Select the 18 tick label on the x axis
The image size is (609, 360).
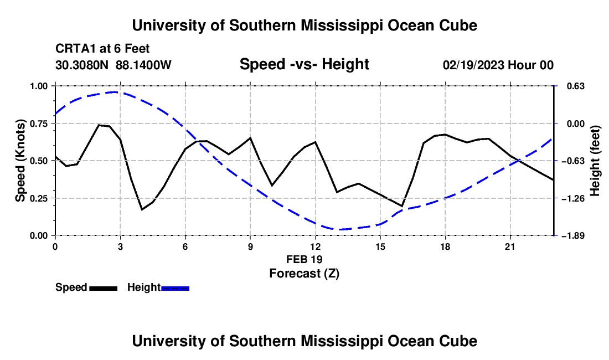click(x=445, y=247)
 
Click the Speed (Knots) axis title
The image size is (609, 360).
click(x=20, y=161)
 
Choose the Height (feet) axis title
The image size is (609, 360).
click(x=595, y=161)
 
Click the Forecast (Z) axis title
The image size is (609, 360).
click(x=304, y=274)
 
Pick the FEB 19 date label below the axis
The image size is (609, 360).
click(x=304, y=259)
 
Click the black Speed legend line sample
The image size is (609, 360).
click(x=104, y=289)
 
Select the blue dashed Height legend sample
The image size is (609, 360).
click(x=175, y=289)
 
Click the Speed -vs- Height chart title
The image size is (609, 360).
click(x=304, y=64)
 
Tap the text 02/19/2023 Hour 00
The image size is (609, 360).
click(x=498, y=65)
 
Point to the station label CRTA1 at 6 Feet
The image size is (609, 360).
click(x=102, y=49)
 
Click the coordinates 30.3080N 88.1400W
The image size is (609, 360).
click(x=113, y=65)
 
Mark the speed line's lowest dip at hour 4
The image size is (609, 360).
click(x=142, y=210)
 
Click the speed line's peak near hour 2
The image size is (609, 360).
click(x=99, y=125)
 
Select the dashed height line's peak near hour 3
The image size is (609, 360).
click(x=115, y=92)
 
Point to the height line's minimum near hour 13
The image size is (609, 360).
click(x=337, y=229)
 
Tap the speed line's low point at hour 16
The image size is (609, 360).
click(x=402, y=206)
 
